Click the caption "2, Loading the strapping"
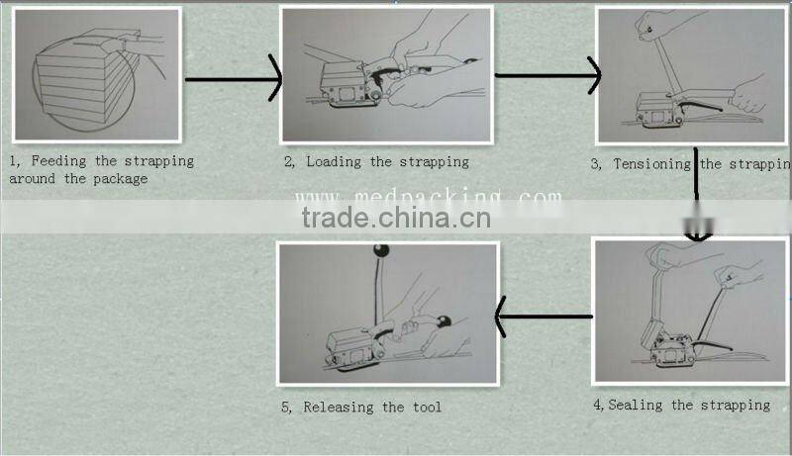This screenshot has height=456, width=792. coord(376,161)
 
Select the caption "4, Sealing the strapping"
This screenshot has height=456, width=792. coord(681,405)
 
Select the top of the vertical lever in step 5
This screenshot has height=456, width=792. coord(377,255)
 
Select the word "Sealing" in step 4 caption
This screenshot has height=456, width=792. coord(639,405)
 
